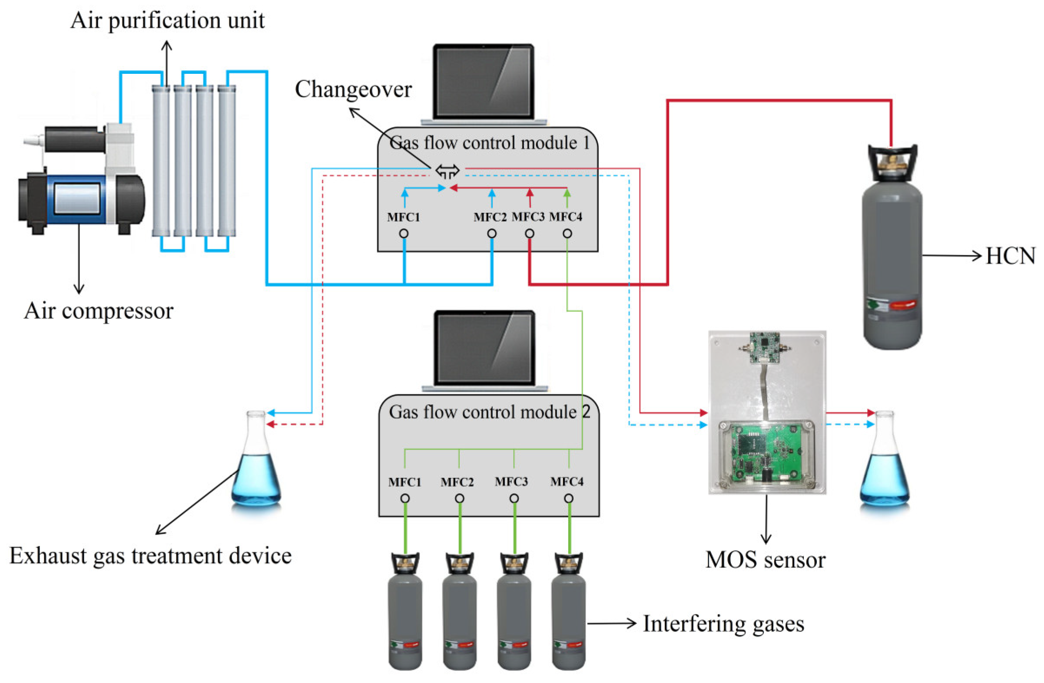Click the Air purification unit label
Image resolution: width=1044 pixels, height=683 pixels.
(x=167, y=20)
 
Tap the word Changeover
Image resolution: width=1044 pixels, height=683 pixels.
(x=353, y=89)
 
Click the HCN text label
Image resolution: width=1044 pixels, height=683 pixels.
(x=1010, y=256)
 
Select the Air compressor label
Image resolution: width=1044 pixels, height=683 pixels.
(x=99, y=311)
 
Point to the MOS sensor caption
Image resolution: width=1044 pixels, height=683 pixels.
(x=766, y=560)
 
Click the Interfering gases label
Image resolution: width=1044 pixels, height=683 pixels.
(x=723, y=624)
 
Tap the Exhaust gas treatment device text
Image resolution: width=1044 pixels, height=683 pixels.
(x=150, y=556)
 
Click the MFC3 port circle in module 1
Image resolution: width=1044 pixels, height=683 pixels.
(x=530, y=234)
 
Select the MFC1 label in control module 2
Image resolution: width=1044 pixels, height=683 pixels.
(x=404, y=482)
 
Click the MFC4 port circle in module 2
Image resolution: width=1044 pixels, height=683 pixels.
(x=569, y=498)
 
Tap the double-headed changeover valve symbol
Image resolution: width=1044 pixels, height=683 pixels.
(x=447, y=171)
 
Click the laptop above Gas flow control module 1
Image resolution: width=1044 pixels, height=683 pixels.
(x=484, y=83)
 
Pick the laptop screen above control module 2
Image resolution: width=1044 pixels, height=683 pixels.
(x=485, y=349)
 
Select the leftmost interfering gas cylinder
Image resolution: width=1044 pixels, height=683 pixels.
(x=405, y=614)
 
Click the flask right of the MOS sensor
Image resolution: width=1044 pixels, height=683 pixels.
(x=884, y=465)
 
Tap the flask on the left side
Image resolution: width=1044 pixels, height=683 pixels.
(x=256, y=465)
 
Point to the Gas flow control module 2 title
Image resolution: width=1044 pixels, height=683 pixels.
(x=489, y=412)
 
